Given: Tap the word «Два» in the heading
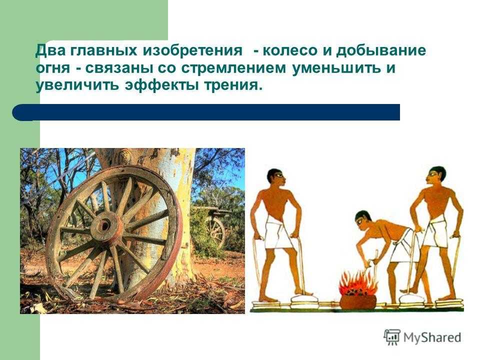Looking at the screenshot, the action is click(50, 51).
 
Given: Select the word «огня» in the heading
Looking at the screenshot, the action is click(53, 69).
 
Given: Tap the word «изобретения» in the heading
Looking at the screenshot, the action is click(192, 51).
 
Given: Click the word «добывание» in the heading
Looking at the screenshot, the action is click(381, 51).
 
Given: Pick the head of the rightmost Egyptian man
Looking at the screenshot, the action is click(436, 176).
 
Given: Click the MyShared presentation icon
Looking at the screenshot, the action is click(392, 337).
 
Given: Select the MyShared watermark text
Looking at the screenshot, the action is click(432, 337).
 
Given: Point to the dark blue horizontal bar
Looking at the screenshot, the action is click(206, 112).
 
